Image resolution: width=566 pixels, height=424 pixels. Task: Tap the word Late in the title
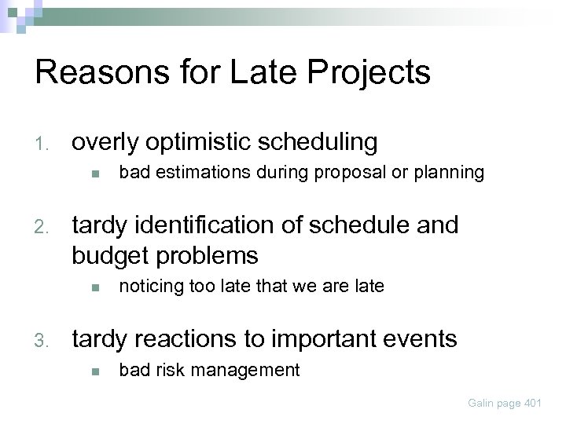tap(250, 72)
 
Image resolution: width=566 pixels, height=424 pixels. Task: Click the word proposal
tap(349, 173)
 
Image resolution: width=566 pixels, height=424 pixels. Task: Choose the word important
tap(329, 339)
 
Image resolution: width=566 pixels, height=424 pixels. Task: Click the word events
tap(424, 339)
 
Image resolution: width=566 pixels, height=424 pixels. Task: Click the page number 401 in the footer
tap(531, 403)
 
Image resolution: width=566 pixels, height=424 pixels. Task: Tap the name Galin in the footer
tap(483, 403)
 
